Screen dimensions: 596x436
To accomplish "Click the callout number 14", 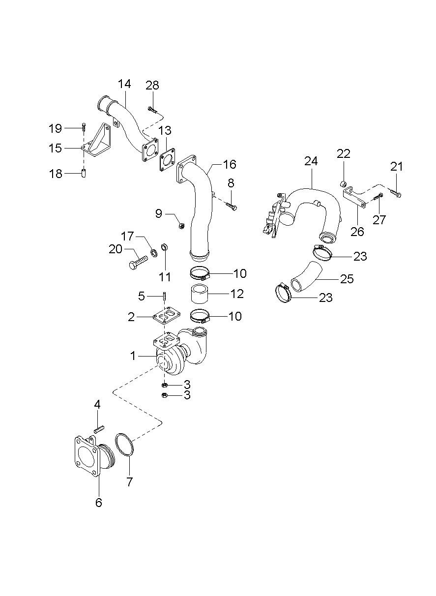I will point(124,84).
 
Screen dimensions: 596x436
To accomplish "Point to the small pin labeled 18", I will point(84,173).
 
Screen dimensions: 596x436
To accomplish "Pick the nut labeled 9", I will point(180,226).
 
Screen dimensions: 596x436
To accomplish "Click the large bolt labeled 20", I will point(138,262).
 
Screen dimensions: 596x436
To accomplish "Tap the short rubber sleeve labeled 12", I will point(200,295).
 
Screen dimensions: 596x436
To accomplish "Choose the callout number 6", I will point(99,503).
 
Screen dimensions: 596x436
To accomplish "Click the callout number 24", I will point(311,161).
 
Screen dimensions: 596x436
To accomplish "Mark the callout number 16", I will point(230,164).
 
